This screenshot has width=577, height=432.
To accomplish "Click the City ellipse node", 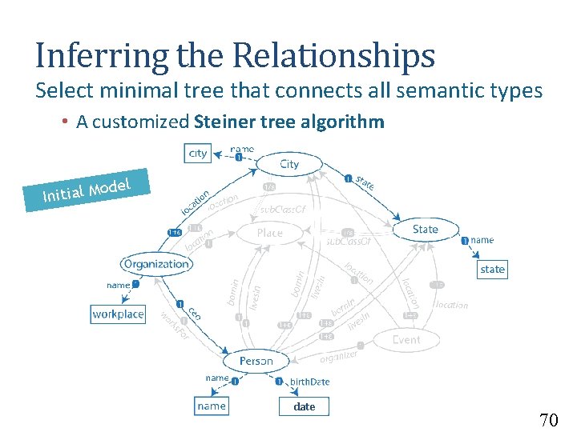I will click(x=289, y=164).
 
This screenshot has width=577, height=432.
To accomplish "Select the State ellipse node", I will click(x=425, y=230).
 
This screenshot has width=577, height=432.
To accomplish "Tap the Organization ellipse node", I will click(x=156, y=263).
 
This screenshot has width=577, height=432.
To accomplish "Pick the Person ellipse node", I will click(x=256, y=361).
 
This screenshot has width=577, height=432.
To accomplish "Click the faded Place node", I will click(x=269, y=233).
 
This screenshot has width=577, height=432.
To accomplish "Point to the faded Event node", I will click(x=406, y=340).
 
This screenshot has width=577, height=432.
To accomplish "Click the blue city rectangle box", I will click(x=197, y=153).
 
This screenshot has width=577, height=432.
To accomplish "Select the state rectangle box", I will click(x=492, y=270).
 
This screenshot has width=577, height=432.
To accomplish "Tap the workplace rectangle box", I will click(x=118, y=314).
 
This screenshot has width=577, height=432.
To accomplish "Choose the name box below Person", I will click(x=212, y=406).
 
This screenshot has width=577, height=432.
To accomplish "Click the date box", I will click(x=305, y=406).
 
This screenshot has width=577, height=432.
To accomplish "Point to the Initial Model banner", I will click(x=87, y=190).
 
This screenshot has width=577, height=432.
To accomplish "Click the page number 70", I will click(x=548, y=420).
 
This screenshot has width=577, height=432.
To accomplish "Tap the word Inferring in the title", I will click(x=101, y=56).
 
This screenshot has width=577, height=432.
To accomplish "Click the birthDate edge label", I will click(x=309, y=382).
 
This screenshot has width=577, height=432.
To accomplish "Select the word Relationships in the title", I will click(x=334, y=56).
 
